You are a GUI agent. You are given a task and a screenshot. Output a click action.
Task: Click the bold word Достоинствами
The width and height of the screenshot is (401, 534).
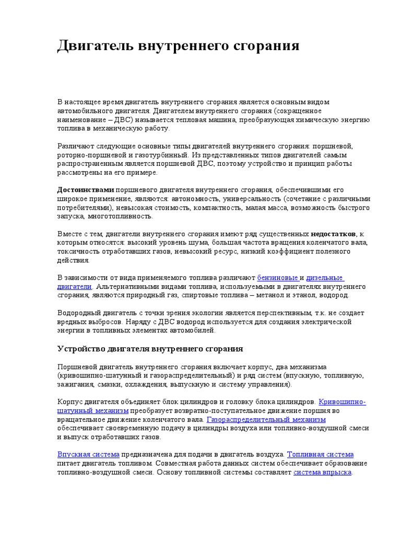click(x=85, y=190)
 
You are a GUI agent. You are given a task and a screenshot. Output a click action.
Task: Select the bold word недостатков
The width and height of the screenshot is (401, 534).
click(x=334, y=233)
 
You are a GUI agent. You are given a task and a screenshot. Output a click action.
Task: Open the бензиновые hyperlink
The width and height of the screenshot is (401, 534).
click(x=278, y=277)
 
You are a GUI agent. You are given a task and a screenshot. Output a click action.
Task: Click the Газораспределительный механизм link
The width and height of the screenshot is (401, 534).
click(x=266, y=419)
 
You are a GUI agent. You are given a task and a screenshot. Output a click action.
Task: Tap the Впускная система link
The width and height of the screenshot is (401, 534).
click(x=88, y=454)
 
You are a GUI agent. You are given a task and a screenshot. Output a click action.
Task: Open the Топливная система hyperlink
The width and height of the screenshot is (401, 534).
click(x=321, y=454)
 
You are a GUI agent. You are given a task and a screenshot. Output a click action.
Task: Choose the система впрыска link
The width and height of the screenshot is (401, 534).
click(x=323, y=472)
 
